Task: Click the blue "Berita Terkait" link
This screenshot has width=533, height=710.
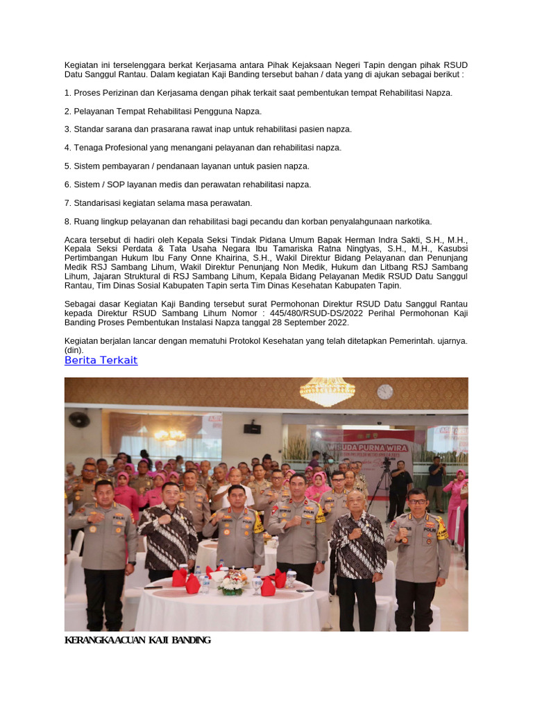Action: coord(101,361)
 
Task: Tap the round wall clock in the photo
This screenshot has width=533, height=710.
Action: coord(385,392)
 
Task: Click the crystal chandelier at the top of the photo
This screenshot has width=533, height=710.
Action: coord(327,390)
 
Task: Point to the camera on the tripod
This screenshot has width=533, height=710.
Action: coord(386,463)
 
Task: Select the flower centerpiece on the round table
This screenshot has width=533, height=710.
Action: coord(232,582)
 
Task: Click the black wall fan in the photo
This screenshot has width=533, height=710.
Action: coord(78,419)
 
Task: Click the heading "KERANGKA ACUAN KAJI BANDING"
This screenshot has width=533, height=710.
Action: coord(137,639)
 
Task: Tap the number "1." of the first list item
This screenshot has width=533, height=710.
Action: coord(68,93)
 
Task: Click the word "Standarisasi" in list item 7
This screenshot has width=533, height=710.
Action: coord(98,203)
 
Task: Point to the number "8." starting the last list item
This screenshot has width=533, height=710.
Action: coord(68,222)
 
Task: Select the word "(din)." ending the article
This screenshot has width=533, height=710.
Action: coord(74,350)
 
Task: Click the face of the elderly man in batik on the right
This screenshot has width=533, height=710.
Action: coord(356,502)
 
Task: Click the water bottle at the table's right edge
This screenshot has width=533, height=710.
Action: coord(291,577)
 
